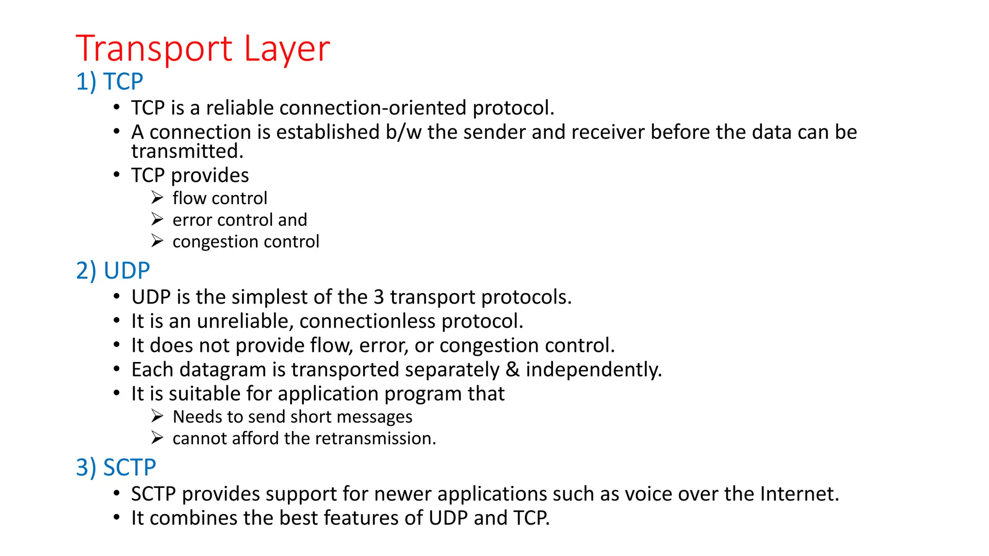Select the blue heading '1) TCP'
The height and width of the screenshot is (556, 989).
[110, 82]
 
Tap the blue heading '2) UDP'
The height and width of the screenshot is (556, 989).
[113, 271]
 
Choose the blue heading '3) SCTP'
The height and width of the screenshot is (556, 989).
[116, 468]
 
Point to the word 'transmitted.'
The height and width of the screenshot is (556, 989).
[187, 152]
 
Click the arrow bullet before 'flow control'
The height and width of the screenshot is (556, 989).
[157, 198]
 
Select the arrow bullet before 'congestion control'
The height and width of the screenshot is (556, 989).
[157, 241]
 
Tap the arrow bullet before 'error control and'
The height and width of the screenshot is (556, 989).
[157, 220]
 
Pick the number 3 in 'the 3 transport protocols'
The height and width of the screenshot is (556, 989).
[379, 297]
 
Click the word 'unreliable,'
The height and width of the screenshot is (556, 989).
[245, 321]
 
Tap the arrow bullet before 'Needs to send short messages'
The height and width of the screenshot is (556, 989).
[157, 416]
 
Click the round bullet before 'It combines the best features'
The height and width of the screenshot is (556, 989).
[116, 518]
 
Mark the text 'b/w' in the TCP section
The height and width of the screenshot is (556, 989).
[404, 132]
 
